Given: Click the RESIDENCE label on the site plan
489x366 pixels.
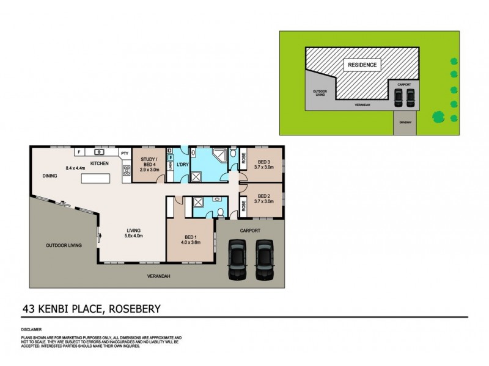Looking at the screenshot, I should coord(362,64).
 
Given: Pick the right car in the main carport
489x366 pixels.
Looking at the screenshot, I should coord(263,260).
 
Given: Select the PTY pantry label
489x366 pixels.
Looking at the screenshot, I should coord(124,154).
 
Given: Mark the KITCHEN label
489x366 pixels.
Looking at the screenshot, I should coord(100,163).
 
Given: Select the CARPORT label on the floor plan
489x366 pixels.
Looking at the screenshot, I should coord(251,231).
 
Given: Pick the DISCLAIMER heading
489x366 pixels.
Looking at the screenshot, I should coord(32,328).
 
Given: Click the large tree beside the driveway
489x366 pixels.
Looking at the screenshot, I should coord(438,116).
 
